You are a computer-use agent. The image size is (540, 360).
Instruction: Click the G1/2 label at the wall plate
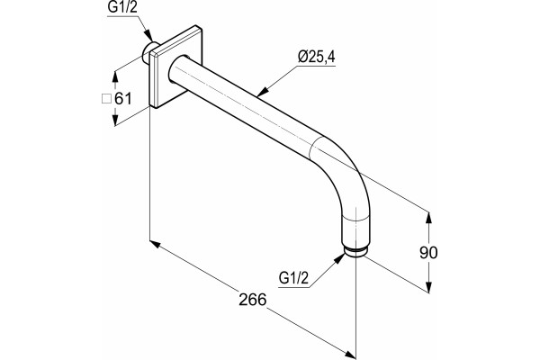point(122,7)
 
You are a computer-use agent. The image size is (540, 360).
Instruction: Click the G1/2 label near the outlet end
point(293,277)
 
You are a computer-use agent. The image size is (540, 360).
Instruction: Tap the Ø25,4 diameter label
point(317,57)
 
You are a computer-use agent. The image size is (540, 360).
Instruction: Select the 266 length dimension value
point(253,300)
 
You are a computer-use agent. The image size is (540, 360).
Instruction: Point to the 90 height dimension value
point(428,253)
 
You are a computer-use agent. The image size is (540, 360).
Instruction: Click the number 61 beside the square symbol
point(123,99)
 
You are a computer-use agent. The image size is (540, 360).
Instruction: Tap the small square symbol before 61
point(106,99)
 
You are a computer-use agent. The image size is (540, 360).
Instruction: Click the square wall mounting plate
point(175,67)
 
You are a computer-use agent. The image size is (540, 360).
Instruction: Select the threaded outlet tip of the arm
point(356,252)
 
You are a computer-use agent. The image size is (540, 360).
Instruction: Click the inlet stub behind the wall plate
point(148,53)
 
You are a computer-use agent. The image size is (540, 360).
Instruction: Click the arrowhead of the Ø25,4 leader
point(263,92)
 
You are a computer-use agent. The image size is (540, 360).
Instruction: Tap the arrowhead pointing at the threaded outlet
point(339,258)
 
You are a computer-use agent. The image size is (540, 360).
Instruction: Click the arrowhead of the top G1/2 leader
point(148,35)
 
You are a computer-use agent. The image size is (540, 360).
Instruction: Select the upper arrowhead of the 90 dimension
point(428,218)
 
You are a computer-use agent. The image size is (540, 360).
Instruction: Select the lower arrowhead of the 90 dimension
point(428,287)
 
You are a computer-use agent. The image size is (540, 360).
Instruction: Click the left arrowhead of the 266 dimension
point(156,244)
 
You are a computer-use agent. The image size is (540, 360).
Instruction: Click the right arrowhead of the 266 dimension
point(350,355)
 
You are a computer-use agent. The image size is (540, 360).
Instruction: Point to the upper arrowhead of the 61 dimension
point(115,77)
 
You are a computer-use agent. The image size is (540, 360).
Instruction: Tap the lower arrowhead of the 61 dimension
point(115,120)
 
